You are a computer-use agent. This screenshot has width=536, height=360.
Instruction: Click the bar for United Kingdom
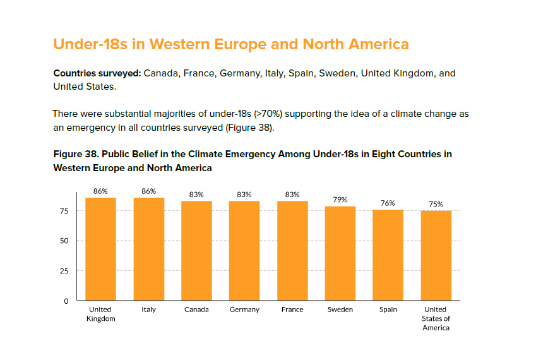[100, 249]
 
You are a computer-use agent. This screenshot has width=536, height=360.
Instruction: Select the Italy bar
[148, 249]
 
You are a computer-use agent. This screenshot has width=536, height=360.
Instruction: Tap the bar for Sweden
[340, 253]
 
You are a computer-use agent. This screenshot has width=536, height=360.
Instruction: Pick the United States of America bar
[436, 256]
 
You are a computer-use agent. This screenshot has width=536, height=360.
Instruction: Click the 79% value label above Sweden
[340, 200]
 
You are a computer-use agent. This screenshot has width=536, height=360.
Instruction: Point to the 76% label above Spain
[388, 203]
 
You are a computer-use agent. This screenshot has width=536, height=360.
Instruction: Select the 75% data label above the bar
[436, 205]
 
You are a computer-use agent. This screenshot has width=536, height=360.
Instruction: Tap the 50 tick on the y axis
[64, 241]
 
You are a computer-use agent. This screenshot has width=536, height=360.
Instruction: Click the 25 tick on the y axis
[64, 271]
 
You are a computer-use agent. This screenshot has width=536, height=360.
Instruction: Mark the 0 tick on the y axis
[66, 301]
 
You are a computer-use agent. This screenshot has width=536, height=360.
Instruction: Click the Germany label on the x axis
[244, 309]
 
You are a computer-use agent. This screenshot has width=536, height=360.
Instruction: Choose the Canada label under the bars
[196, 309]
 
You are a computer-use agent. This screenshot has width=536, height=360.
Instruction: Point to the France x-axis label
[292, 309]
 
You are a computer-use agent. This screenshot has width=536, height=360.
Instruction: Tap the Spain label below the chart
[388, 309]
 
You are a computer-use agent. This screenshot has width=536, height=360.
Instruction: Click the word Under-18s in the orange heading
[90, 44]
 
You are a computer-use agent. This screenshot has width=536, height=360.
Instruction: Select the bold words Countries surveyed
[97, 74]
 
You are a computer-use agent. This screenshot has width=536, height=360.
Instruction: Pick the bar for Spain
[388, 255]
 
